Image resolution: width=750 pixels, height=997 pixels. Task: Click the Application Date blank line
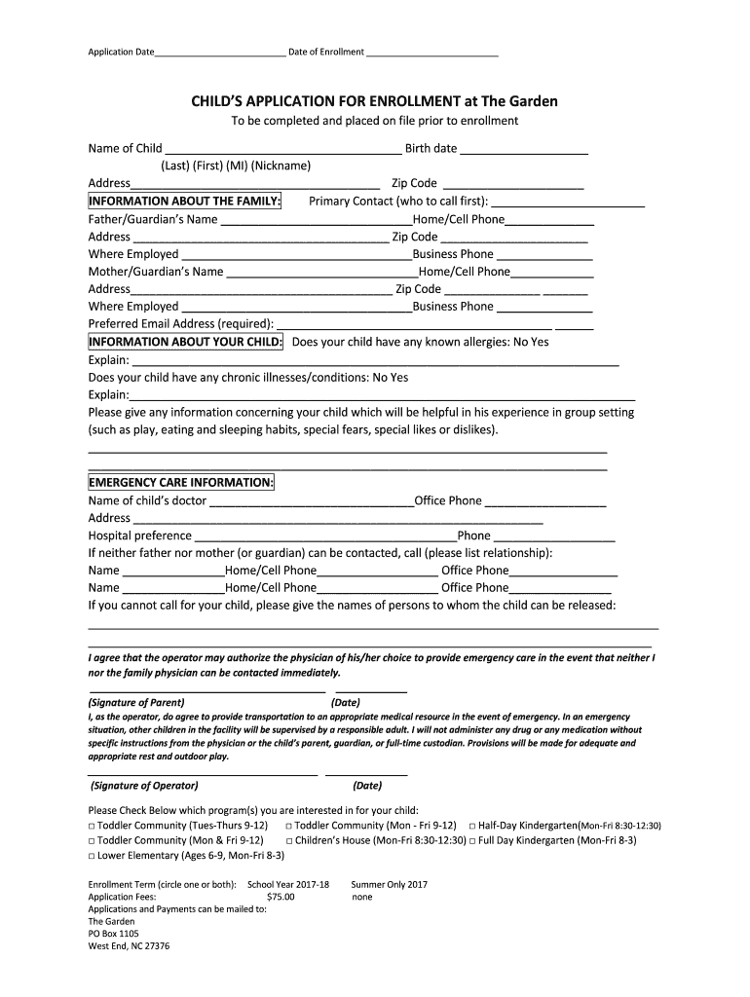coord(220,53)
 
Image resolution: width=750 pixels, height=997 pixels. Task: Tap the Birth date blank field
coord(523,150)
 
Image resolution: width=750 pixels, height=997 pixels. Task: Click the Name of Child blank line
coord(282,150)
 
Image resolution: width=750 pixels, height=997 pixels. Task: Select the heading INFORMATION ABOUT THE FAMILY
coord(185,202)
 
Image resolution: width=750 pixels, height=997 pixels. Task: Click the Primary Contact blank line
coord(568,203)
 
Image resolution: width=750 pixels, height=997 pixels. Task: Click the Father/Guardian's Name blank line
coord(317,220)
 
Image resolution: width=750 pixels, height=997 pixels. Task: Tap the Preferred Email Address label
coord(181,324)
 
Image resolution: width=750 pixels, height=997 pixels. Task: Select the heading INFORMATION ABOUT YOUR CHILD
coord(186,343)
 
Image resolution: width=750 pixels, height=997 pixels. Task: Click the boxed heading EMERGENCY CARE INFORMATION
coord(181,483)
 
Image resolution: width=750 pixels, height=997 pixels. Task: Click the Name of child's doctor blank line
coord(312,501)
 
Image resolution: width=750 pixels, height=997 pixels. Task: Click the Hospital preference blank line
coord(325,536)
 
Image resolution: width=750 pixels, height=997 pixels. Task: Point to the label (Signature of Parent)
coord(136,702)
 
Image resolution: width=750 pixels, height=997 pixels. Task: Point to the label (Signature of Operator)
coord(144,786)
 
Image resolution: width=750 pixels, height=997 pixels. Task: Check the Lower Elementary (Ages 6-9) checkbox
coord(92,856)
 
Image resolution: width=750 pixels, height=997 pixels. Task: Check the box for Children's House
coord(290,840)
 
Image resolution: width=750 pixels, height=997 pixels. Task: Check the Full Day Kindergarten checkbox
coord(473,840)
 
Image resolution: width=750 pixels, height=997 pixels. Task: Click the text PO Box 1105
coord(114,933)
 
